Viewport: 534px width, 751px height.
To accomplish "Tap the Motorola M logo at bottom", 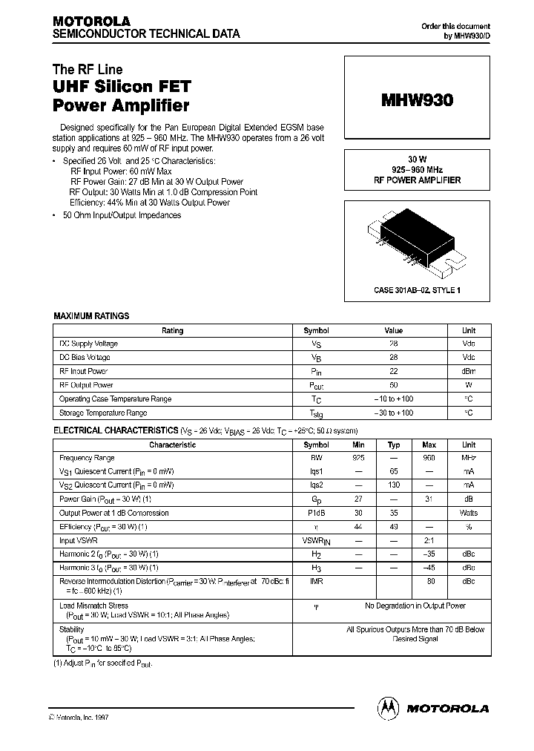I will coord(388,708).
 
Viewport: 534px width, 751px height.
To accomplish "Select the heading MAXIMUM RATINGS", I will coord(91,316).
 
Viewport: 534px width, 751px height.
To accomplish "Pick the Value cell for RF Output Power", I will coord(393,385).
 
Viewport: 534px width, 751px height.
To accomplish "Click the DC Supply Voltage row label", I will coord(88,344).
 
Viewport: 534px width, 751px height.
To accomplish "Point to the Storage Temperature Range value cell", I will coord(393,413).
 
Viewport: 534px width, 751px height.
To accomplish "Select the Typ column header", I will coord(394,445).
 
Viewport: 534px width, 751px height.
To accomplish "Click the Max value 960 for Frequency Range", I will coord(429,459).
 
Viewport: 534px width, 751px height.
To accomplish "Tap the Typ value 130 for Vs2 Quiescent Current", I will coord(394,486).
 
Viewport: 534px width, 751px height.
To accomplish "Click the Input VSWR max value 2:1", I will coord(429,541).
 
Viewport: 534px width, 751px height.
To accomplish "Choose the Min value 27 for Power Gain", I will coord(358,499).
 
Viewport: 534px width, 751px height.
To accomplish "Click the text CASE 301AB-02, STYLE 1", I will coord(418,290).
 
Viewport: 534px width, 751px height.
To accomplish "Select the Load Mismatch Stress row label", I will coord(93,606).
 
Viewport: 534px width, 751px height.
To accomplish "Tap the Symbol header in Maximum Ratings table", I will coord(317,331).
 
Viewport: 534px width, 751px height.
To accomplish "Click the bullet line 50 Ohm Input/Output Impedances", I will coord(121,215).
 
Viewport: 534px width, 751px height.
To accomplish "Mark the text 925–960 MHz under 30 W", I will coord(418,170).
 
